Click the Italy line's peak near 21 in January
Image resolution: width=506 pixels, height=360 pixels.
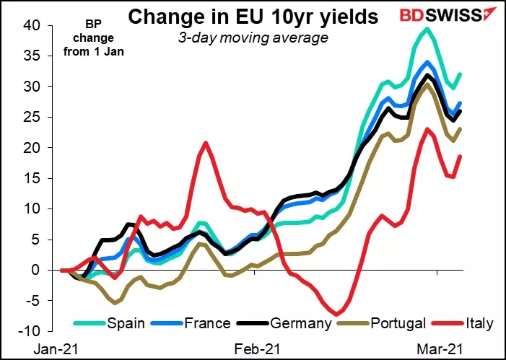click(206, 142)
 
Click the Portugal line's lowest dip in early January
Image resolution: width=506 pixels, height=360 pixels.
click(113, 302)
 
